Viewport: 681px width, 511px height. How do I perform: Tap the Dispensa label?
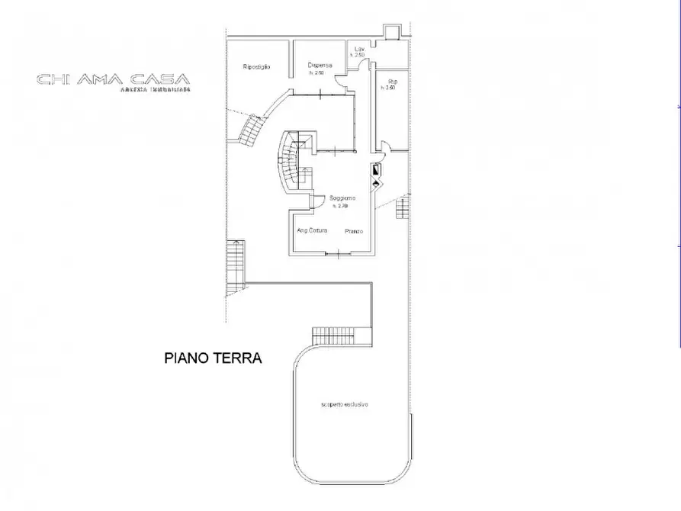click(319, 66)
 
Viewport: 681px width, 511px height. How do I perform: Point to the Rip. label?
click(392, 81)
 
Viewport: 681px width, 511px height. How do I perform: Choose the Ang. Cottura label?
click(311, 230)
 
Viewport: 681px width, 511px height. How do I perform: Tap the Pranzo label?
click(352, 230)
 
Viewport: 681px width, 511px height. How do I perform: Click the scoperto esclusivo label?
click(345, 404)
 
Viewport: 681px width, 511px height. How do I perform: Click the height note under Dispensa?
click(316, 73)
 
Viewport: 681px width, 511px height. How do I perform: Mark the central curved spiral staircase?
click(290, 164)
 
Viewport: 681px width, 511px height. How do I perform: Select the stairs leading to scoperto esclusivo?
click(340, 336)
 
